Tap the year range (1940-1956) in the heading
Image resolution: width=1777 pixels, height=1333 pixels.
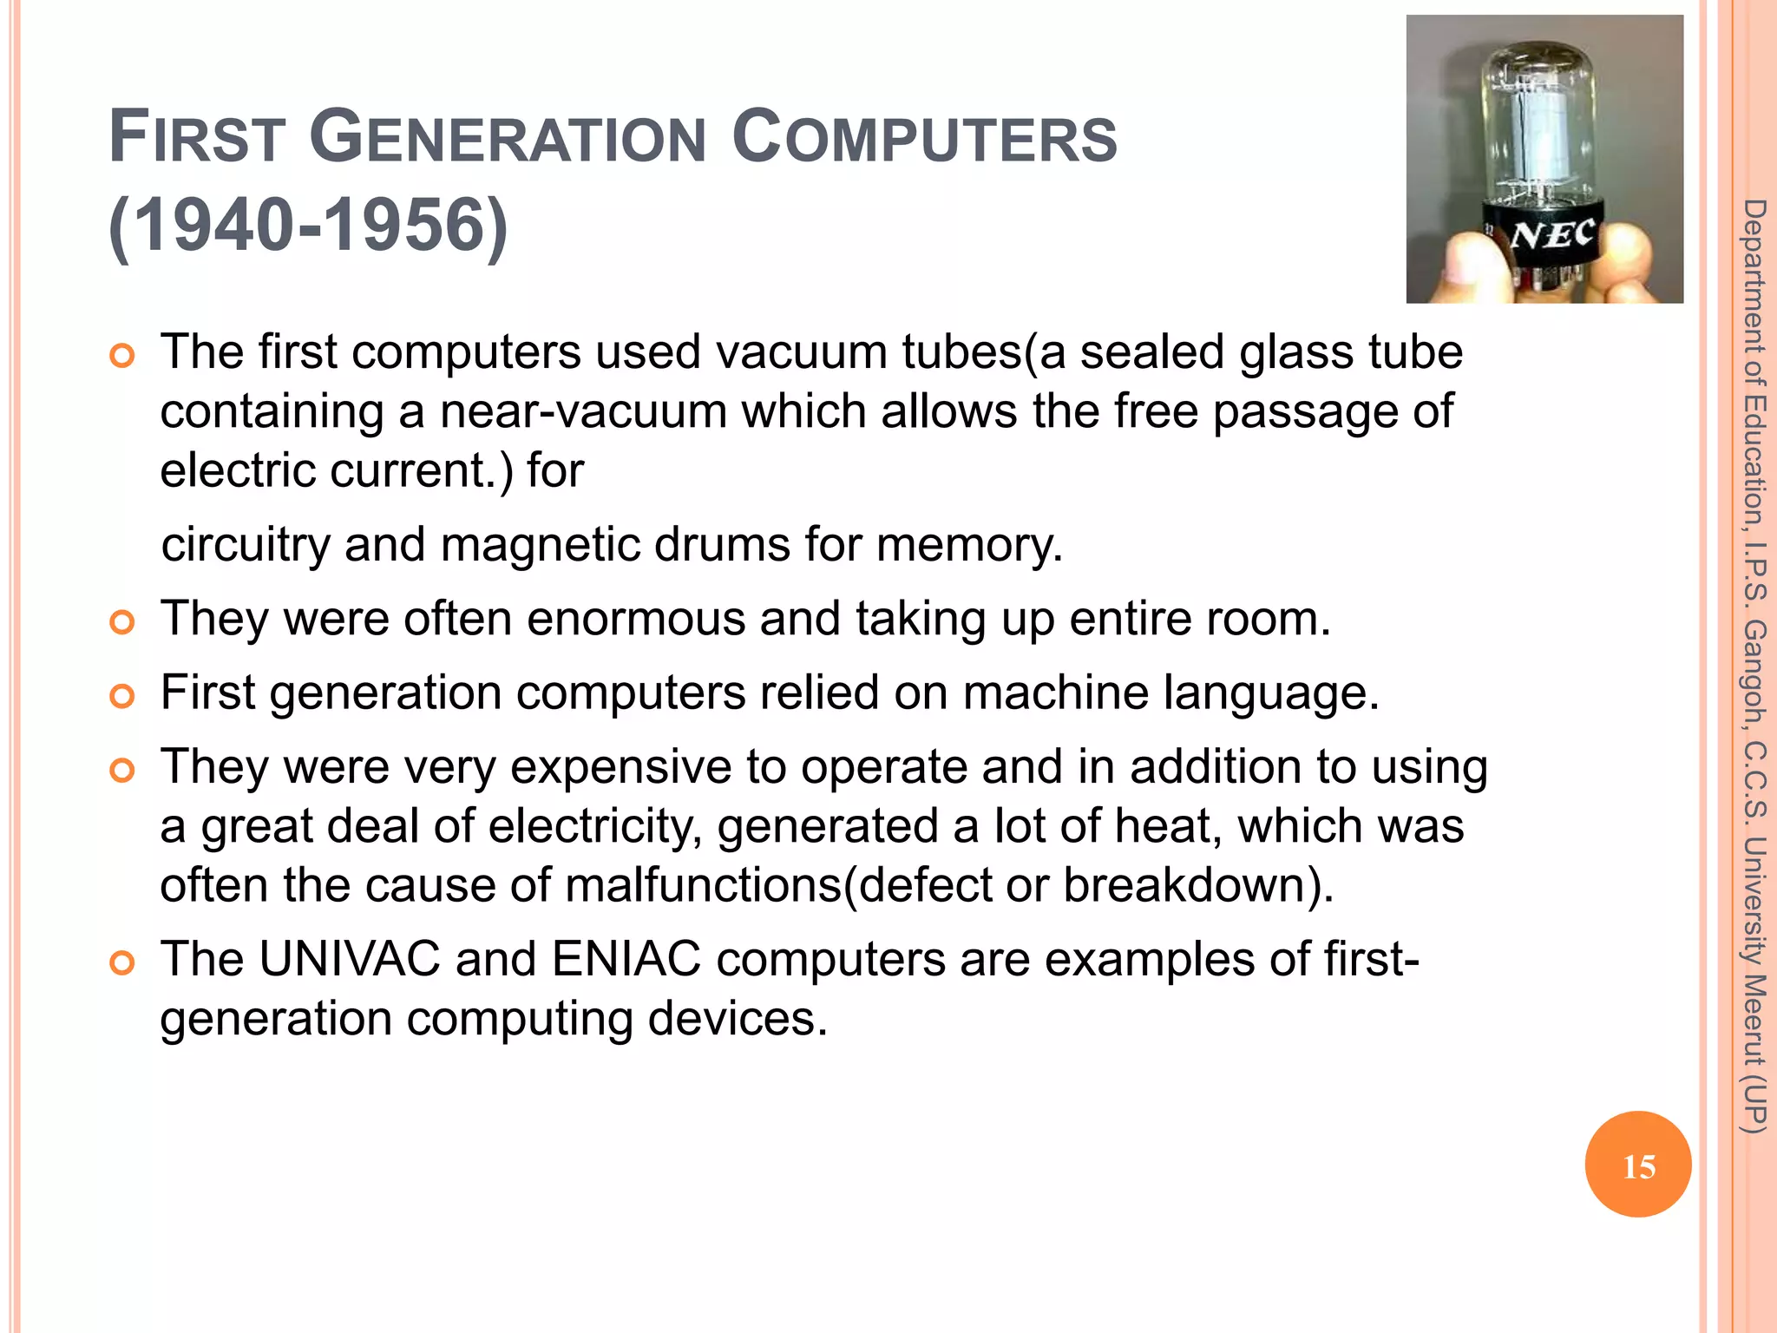coord(308,226)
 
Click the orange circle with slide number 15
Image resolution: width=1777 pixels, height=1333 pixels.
coord(1638,1165)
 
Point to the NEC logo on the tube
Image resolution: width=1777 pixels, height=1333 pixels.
coord(1552,233)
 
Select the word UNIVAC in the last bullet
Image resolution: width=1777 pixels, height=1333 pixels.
coord(350,960)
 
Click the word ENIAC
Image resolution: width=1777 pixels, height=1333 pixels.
coord(626,960)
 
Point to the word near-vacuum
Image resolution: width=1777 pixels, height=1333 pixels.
coord(583,411)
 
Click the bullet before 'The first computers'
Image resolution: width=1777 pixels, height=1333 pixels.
coord(123,356)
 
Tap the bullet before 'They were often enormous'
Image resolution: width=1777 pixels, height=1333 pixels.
coord(123,622)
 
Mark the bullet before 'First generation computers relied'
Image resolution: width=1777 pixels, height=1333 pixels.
coord(123,696)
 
